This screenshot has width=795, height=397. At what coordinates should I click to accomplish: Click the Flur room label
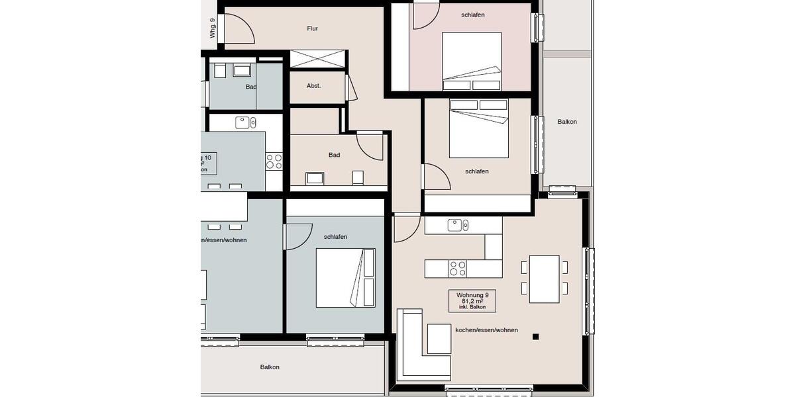(313, 28)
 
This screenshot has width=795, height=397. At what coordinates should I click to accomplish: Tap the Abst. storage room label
(313, 86)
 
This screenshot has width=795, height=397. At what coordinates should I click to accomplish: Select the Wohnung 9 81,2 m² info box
(472, 300)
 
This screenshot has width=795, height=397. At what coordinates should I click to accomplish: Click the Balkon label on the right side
(566, 122)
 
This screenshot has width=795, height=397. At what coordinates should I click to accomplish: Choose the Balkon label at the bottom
(270, 367)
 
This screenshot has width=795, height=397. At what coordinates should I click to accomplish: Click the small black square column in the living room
(535, 337)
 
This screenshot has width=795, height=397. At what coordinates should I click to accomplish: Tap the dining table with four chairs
(544, 279)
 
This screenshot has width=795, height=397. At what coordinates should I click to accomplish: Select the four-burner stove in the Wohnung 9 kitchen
(457, 269)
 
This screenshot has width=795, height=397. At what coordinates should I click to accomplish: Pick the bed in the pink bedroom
(472, 62)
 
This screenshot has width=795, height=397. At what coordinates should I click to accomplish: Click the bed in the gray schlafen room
(345, 278)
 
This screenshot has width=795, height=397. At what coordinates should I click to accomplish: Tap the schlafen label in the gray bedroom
(335, 236)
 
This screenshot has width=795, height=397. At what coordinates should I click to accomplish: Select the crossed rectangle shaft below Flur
(318, 58)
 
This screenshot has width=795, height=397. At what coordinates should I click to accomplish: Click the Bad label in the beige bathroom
(335, 155)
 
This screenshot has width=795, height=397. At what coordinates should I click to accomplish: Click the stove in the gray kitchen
(274, 161)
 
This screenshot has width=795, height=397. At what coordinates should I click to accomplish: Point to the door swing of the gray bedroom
(298, 237)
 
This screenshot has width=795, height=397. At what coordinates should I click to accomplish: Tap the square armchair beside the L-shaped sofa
(439, 339)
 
